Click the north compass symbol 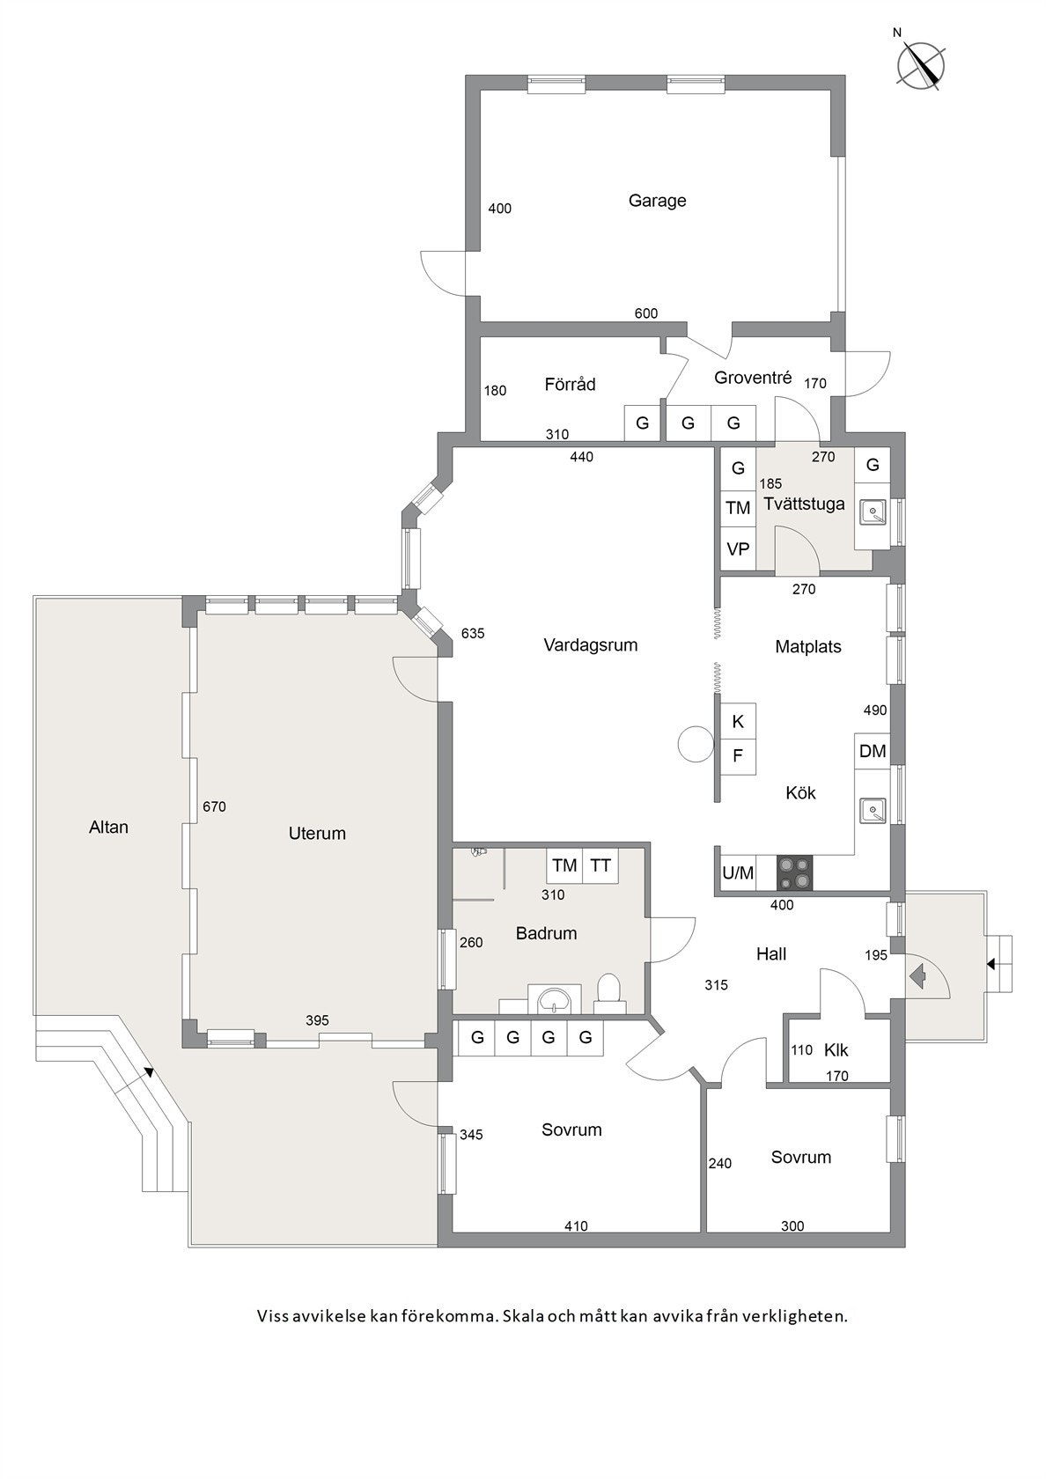(921, 64)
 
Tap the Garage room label (657, 201)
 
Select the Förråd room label (570, 385)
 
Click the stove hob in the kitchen (795, 873)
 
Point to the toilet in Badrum (608, 991)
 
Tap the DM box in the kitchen (872, 751)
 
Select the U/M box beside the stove (738, 873)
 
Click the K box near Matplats (738, 722)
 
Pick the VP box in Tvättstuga (738, 549)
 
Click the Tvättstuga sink (872, 511)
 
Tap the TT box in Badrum (600, 865)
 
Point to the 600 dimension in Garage (646, 313)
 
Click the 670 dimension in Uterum (215, 806)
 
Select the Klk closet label (836, 1050)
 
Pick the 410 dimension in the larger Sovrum (576, 1225)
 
